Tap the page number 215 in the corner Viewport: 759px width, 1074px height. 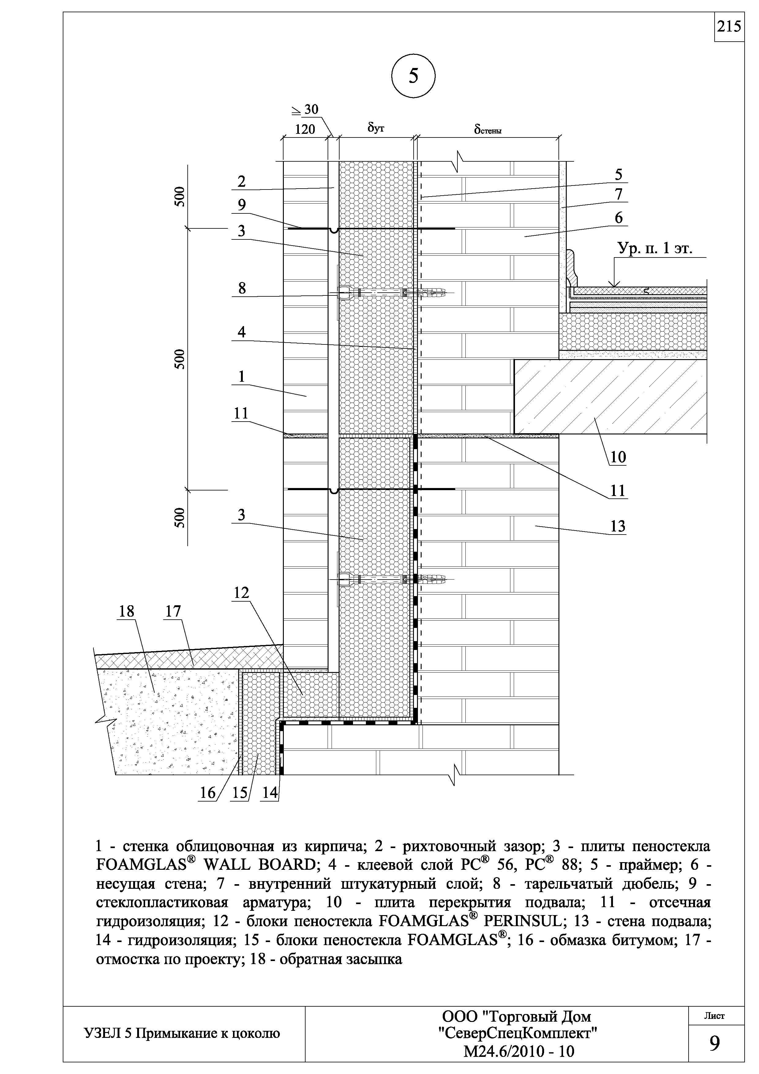(x=729, y=27)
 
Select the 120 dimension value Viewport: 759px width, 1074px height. (x=305, y=129)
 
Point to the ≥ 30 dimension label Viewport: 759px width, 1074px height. (x=304, y=110)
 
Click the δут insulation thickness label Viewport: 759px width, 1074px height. (x=376, y=127)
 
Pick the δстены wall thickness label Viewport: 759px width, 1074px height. (x=488, y=129)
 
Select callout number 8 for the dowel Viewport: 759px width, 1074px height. (x=242, y=288)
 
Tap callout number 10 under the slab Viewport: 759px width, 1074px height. (x=618, y=456)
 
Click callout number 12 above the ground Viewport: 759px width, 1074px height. (x=241, y=593)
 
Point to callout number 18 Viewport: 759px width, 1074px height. (x=126, y=611)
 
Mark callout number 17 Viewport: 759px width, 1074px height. (x=173, y=611)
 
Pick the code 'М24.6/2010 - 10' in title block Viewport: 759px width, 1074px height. (x=518, y=1052)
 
